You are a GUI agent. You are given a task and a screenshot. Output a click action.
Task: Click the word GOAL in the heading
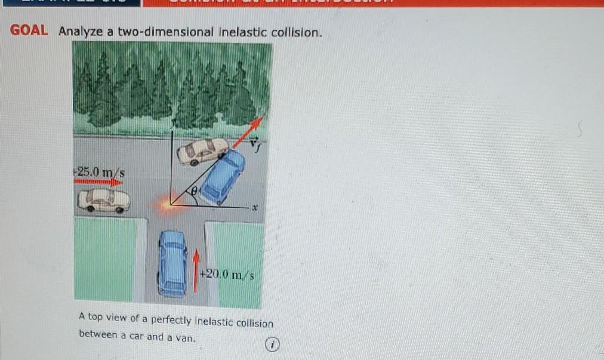[29, 31]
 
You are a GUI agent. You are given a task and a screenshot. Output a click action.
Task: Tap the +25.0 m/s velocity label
[100, 173]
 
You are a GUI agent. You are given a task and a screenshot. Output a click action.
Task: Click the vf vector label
[254, 143]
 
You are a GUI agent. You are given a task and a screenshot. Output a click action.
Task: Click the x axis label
[254, 208]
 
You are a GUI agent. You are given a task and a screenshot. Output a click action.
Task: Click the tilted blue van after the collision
[223, 176]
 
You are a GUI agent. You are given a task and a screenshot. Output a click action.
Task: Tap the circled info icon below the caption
[272, 344]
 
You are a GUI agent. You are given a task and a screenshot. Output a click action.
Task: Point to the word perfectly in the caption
[162, 322]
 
